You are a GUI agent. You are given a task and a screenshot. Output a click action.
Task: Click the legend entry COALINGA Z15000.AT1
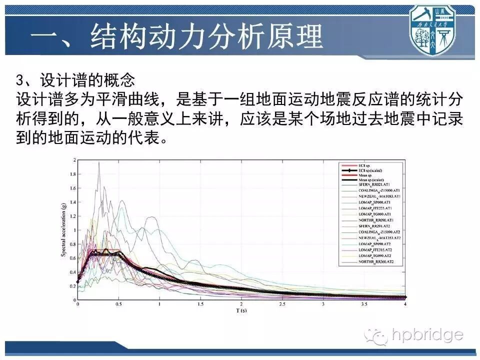click(378, 190)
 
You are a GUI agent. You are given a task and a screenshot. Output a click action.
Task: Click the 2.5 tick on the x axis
click(282, 304)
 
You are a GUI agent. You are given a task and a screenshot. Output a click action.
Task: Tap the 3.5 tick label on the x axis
click(364, 304)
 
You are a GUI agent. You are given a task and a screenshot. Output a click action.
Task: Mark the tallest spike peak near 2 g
click(99, 163)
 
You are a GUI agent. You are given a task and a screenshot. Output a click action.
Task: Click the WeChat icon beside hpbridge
click(375, 335)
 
